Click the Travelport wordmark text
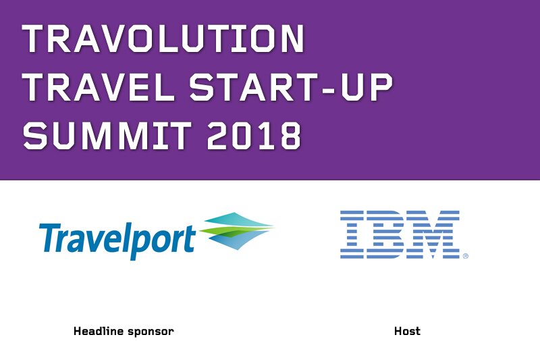(x=117, y=237)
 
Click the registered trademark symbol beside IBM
(x=466, y=256)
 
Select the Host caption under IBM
(x=407, y=332)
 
